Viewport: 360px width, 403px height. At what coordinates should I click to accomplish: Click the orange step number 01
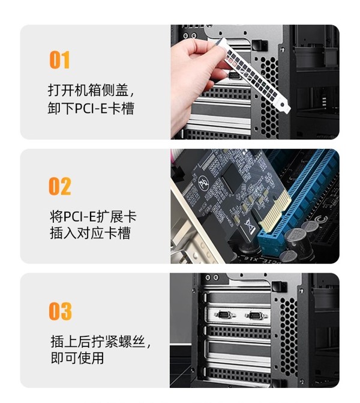coord(59,59)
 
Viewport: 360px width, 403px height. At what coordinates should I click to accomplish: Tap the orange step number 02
coord(60,186)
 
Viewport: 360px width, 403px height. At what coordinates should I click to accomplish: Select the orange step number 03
coord(61,311)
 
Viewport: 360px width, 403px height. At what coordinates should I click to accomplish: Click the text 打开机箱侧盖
coord(88,90)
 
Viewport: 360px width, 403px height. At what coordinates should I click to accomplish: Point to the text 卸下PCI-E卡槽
coord(91,108)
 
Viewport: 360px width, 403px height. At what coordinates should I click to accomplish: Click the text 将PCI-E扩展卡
coord(93,217)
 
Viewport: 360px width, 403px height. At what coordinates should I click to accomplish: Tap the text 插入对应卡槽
coord(90,233)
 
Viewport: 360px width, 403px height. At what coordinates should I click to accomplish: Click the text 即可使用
coord(77,358)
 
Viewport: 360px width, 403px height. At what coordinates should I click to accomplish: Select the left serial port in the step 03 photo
coord(224,314)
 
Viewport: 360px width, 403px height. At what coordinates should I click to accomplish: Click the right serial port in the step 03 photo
coord(256,315)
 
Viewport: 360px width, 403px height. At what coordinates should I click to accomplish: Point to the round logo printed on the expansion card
coord(203,183)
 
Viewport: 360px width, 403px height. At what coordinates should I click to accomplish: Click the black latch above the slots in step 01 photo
coord(259,45)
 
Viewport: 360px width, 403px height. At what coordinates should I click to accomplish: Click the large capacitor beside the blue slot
coord(295,239)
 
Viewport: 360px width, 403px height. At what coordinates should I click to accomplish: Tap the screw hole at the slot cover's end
coord(283,105)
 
